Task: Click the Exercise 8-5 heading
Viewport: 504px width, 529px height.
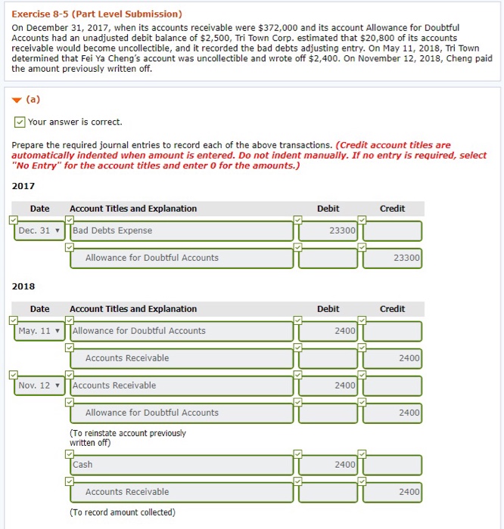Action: coord(97,14)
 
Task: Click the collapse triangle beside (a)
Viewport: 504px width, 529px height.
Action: coord(16,98)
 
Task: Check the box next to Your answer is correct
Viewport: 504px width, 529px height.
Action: coord(19,122)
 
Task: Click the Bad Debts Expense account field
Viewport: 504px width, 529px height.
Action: coord(181,230)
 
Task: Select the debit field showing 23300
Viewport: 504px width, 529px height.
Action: coord(328,230)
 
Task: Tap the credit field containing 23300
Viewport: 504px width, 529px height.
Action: coord(391,258)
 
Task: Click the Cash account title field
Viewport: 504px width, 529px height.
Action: coord(181,465)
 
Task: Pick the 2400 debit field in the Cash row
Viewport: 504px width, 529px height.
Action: coord(328,465)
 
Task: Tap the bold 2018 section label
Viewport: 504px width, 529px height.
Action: coord(23,286)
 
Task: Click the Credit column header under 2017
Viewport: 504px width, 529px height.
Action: coord(392,209)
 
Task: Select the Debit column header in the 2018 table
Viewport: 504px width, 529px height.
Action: coord(328,308)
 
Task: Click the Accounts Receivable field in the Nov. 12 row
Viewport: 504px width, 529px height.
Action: coord(181,385)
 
